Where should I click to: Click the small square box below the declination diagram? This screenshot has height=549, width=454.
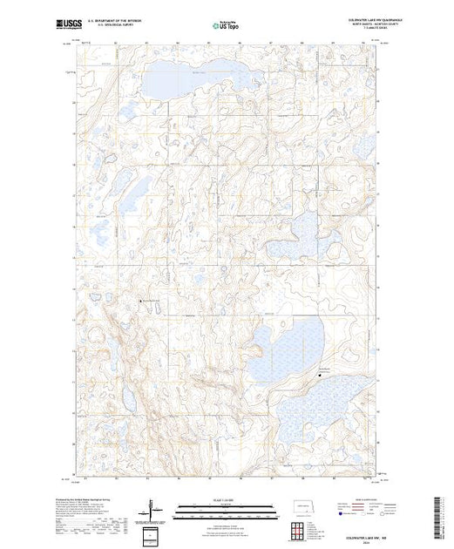pyautogui.click(x=154, y=533)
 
